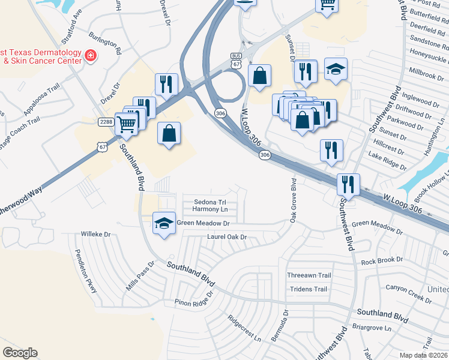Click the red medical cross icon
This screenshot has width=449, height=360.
click(91, 56)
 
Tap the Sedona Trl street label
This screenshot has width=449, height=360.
click(207, 202)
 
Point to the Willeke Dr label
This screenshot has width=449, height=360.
click(96, 234)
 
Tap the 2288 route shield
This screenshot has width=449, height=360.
click(106, 122)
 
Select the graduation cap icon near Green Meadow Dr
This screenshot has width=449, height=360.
click(164, 224)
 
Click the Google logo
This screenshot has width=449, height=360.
click(20, 353)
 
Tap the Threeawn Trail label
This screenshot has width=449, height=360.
click(309, 275)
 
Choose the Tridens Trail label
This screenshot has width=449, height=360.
click(308, 289)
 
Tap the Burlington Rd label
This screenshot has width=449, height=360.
click(104, 41)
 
